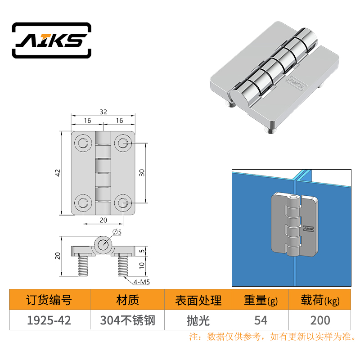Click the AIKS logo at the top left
[52, 40]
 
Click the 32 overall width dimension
[103, 112]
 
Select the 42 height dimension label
[58, 173]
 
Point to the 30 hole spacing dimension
[142, 173]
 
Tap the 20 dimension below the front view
[103, 220]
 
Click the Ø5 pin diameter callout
[117, 232]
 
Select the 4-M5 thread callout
[141, 282]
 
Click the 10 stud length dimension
[142, 265]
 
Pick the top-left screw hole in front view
[83, 143]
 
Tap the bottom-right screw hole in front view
[123, 203]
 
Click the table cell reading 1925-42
[49, 320]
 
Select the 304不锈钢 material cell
[128, 320]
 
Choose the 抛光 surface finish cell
[198, 320]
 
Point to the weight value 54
[261, 320]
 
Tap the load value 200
[320, 320]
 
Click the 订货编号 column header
[49, 300]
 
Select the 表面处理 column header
[198, 300]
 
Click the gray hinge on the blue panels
[295, 225]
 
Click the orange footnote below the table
[273, 337]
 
